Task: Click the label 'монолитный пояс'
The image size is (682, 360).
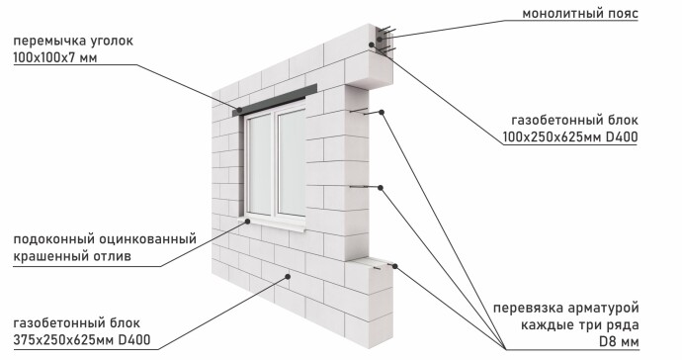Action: [580, 14]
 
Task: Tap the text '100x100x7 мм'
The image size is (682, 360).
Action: [54, 57]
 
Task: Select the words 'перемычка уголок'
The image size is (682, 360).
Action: [73, 41]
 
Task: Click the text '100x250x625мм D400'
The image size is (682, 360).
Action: [570, 137]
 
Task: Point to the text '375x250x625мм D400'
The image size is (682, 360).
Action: [82, 339]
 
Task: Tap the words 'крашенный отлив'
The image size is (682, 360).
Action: [72, 256]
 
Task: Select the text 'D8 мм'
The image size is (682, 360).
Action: [619, 342]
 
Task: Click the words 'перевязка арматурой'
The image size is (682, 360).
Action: [566, 308]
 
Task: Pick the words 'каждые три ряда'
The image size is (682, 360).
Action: [580, 324]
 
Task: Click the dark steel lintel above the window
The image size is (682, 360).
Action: [275, 100]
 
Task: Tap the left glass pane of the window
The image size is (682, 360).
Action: [261, 164]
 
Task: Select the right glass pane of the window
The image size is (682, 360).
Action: [293, 162]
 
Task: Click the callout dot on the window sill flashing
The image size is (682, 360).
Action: [247, 222]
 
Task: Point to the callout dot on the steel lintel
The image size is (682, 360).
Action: [239, 110]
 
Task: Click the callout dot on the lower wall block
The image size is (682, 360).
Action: [288, 276]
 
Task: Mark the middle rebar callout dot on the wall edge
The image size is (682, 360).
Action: [381, 188]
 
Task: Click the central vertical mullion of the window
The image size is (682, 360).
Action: [275, 163]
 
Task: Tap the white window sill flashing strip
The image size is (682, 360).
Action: [274, 223]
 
